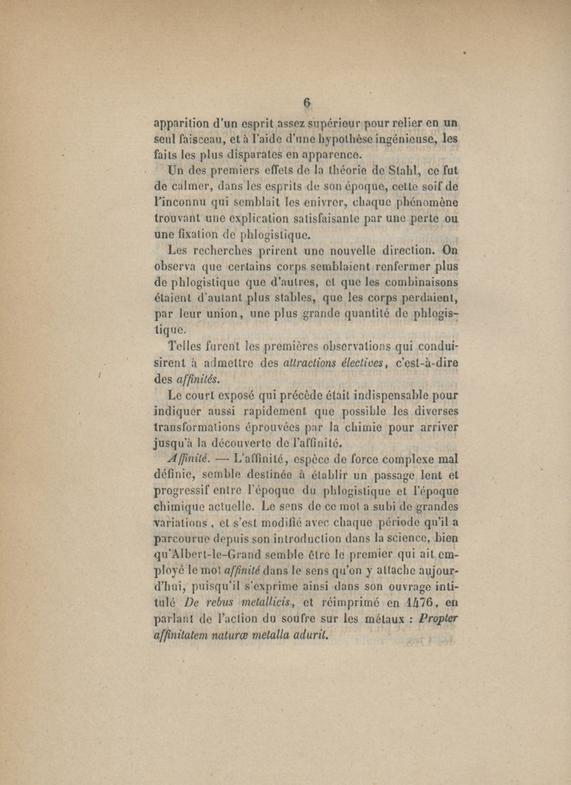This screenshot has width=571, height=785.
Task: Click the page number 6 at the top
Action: [308, 103]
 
